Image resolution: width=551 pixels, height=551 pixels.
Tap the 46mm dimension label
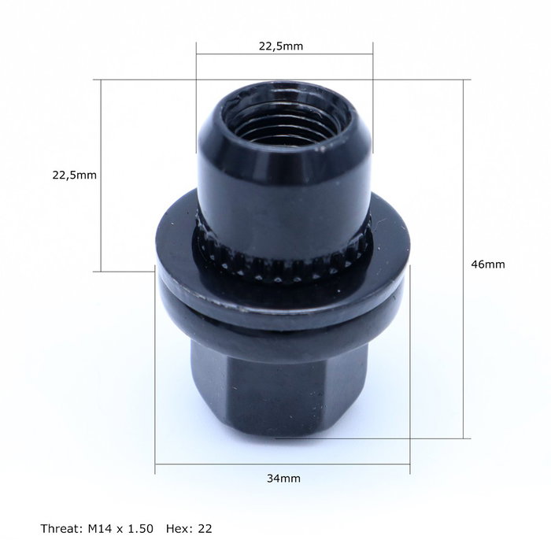click(487, 264)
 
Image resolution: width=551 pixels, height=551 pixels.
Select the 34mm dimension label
click(283, 478)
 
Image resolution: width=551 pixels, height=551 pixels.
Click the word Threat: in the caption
click(61, 527)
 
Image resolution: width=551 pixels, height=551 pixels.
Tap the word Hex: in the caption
click(183, 527)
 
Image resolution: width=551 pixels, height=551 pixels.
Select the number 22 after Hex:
click(206, 527)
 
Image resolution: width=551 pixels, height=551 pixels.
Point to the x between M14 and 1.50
click(122, 527)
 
